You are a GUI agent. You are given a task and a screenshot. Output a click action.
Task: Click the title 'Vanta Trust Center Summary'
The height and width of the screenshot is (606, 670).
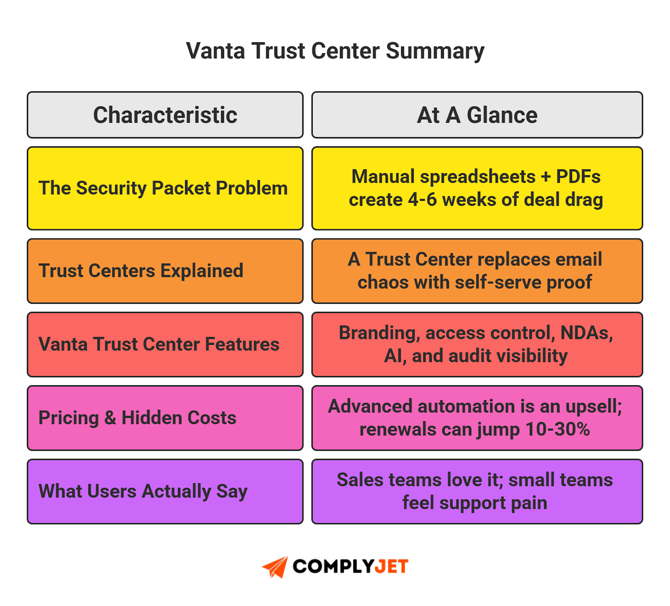click(335, 51)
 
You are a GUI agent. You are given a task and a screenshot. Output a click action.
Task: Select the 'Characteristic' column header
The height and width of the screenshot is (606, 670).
click(165, 115)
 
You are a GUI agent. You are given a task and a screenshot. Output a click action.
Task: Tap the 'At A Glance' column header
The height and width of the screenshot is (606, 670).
click(477, 115)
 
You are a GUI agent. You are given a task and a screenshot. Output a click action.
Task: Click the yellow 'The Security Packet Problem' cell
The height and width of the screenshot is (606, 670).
click(163, 188)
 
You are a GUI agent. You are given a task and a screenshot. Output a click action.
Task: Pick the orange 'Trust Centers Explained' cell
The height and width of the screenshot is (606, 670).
click(141, 271)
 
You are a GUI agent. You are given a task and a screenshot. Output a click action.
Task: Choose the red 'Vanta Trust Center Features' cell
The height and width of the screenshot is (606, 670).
click(159, 344)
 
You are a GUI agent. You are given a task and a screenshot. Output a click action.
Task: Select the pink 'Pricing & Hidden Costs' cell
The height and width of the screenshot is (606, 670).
click(137, 418)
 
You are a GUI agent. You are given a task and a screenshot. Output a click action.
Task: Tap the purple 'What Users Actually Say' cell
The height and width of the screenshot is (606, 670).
click(143, 491)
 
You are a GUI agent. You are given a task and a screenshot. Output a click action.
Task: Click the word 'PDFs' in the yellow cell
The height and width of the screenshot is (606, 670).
click(578, 177)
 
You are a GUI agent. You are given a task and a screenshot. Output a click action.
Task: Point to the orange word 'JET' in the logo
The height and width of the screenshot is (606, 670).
click(391, 567)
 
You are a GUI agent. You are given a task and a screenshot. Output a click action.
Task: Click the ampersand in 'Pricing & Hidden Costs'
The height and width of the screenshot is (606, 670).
click(110, 418)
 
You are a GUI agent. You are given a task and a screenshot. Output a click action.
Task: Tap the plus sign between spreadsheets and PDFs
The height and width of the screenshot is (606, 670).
click(546, 177)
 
